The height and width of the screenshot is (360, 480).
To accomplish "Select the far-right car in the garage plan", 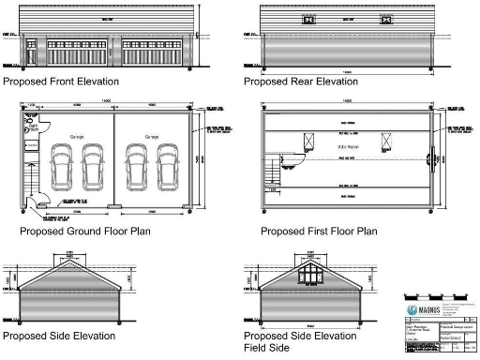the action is (x=167, y=168).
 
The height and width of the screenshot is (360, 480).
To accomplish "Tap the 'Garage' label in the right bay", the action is (x=154, y=137).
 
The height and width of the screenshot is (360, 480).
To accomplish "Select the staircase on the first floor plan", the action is (x=275, y=172).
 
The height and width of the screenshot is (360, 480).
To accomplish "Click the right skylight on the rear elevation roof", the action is (x=384, y=20).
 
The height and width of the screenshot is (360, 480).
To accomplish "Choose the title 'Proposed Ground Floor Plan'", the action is (x=83, y=231).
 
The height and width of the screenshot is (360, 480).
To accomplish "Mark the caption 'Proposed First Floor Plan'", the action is (x=319, y=231).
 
